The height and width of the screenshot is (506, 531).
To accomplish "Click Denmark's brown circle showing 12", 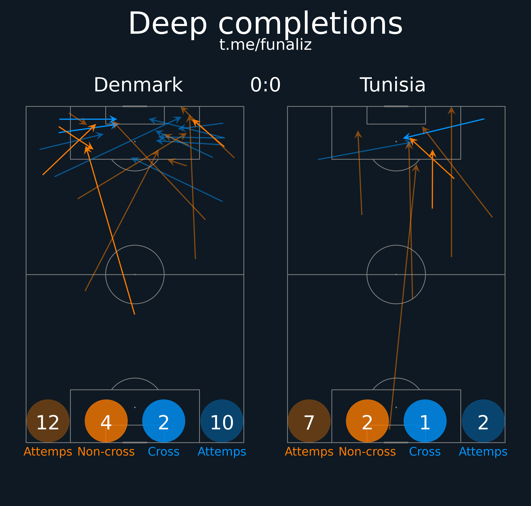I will click(x=48, y=421).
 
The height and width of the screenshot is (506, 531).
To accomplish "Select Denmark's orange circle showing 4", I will click(x=106, y=421).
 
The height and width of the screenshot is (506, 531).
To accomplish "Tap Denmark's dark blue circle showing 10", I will click(x=222, y=421).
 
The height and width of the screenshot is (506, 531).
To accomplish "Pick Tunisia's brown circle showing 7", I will click(x=309, y=421).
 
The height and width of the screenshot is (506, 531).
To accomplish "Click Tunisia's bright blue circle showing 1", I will click(x=425, y=421).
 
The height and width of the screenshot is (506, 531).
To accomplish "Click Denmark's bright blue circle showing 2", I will click(x=164, y=421).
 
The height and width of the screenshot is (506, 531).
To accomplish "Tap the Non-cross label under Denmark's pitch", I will click(x=106, y=452).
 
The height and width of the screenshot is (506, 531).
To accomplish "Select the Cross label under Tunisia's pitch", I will click(x=425, y=452).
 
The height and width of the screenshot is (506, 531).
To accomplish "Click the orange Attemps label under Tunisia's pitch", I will click(x=309, y=452).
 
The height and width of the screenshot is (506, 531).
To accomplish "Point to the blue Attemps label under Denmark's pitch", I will click(x=222, y=452).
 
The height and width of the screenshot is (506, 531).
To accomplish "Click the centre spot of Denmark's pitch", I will click(x=135, y=274).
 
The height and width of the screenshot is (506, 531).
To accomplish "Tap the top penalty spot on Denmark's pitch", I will click(x=135, y=142).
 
